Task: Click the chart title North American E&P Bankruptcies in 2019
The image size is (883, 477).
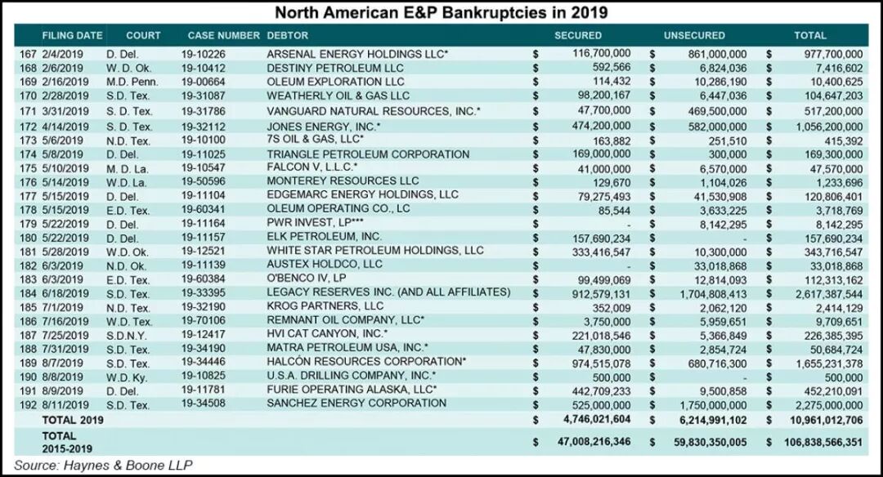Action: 441,13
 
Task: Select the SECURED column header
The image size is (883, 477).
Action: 577,36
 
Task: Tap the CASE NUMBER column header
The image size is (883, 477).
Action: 223,36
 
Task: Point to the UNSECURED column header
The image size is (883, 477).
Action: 694,36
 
